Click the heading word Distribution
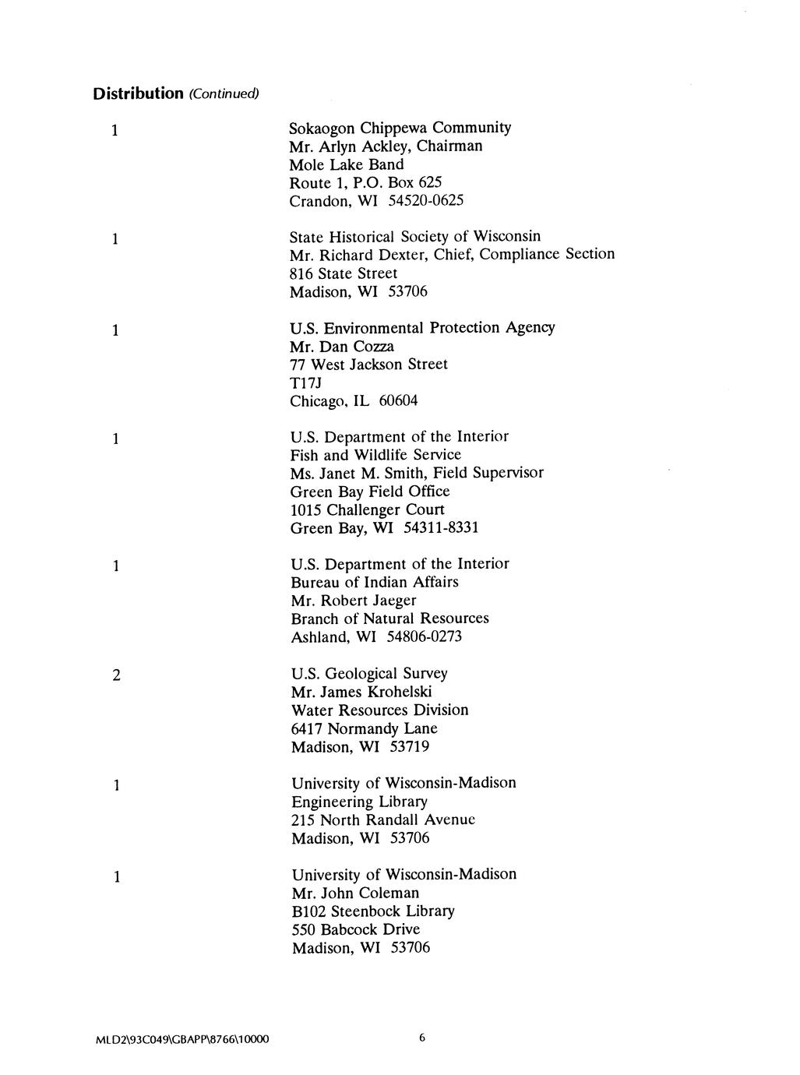point(137,93)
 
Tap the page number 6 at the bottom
point(422,1038)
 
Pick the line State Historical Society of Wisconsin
point(415,236)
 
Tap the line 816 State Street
point(343,273)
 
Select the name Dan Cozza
point(358,346)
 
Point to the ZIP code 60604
point(398,401)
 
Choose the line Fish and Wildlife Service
point(375,454)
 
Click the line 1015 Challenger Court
point(367,509)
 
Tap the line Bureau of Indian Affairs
point(375,582)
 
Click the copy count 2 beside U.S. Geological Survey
point(115,675)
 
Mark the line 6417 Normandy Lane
point(364,728)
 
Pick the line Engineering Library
point(359,802)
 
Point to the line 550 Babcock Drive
point(355,929)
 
